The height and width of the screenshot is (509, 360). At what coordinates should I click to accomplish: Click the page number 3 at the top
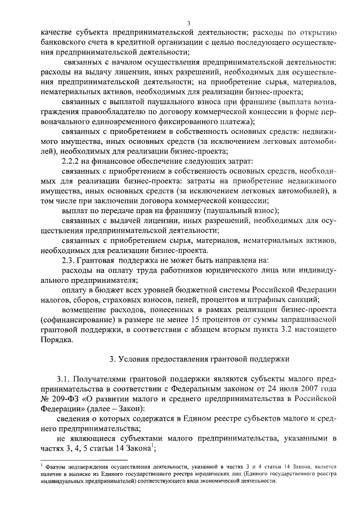[x=189, y=22]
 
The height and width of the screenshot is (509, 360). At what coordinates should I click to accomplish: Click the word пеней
[x=186, y=299]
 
